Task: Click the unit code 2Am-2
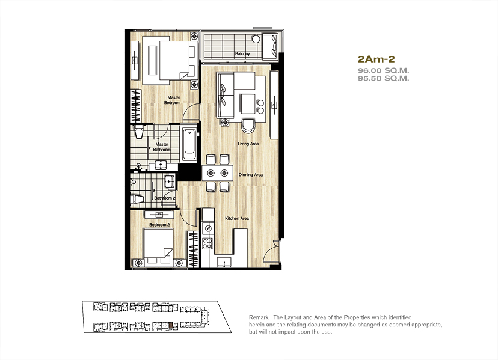[x=376, y=59]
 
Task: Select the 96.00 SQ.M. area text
[x=383, y=70]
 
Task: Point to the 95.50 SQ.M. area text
[x=383, y=78]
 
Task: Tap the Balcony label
[x=242, y=54]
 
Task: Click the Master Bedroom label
[x=173, y=100]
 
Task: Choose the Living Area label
[x=248, y=144]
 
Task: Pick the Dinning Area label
[x=251, y=175]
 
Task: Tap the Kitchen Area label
[x=237, y=218]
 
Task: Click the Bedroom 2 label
[x=159, y=225]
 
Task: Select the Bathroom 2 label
[x=165, y=198]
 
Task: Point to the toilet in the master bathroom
[x=139, y=132]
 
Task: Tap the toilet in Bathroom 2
[x=137, y=199]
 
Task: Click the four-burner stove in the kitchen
[x=207, y=243]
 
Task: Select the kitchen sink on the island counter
[x=224, y=263]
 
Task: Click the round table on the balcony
[x=256, y=39]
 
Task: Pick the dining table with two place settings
[x=218, y=173]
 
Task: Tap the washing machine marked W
[x=208, y=228]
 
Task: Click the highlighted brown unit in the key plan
[x=171, y=325]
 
